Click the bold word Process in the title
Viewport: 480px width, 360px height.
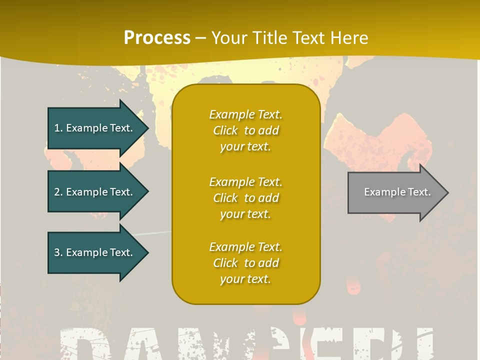157,38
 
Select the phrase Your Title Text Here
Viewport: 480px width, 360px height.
289,38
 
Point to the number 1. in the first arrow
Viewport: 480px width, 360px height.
58,128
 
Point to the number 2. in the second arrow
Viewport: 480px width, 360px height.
58,192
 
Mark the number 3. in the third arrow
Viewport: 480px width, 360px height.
58,252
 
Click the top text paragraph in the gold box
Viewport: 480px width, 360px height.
245,130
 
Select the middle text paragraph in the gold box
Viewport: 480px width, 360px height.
245,198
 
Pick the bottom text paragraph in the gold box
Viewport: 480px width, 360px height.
245,263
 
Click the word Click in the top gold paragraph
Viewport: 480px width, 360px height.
225,130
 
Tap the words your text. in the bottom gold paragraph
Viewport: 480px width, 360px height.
245,279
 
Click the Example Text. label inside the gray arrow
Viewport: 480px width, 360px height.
397,192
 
